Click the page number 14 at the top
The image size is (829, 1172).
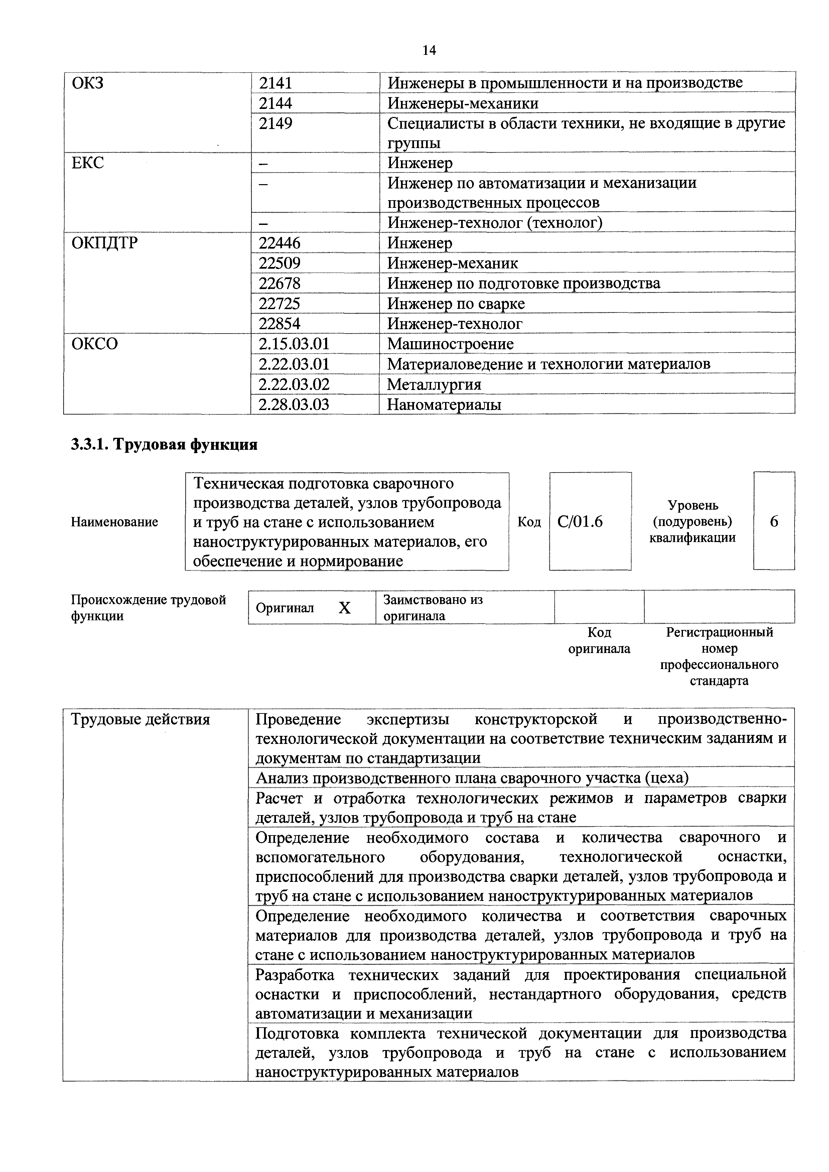tap(429, 50)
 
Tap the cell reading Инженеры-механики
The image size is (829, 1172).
tap(462, 104)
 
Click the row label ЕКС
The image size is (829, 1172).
tap(88, 163)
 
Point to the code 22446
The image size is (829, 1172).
tap(279, 243)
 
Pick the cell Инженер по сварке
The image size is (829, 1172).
tap(456, 304)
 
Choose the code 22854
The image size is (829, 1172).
tap(279, 323)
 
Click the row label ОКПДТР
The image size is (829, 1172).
tap(105, 243)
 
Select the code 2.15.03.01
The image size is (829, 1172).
tap(294, 344)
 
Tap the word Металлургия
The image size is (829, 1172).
tap(434, 384)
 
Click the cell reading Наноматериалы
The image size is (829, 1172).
tap(444, 405)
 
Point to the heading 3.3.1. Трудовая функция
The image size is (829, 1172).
tap(164, 444)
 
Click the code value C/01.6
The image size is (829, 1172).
tap(580, 521)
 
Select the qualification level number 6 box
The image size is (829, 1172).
tap(774, 521)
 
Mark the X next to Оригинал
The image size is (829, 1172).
tap(345, 608)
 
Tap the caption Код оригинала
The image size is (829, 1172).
tap(599, 641)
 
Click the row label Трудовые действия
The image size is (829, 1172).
tap(140, 720)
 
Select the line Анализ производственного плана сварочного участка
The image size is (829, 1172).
tap(472, 778)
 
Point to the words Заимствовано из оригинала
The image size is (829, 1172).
tap(433, 608)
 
